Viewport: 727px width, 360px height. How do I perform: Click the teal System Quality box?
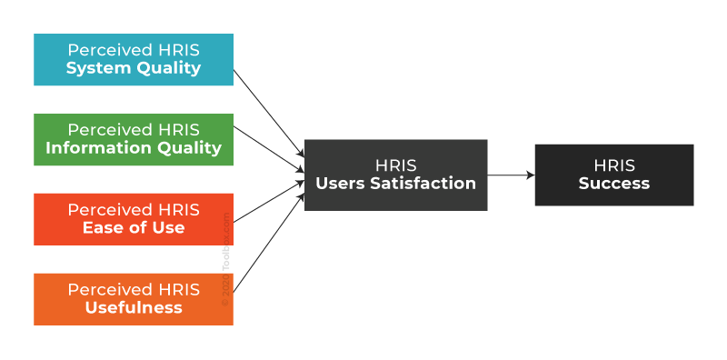(x=133, y=59)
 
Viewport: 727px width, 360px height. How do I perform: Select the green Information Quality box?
(x=133, y=139)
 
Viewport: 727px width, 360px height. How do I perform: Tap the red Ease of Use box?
(x=133, y=219)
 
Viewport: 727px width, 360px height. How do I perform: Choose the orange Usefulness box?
(x=133, y=299)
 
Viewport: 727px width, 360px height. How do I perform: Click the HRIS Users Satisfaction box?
(x=395, y=175)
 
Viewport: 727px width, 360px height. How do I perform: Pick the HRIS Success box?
(x=613, y=175)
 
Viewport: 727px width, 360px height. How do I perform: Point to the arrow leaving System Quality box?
(x=268, y=110)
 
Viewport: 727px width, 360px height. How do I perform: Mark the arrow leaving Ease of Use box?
(x=268, y=202)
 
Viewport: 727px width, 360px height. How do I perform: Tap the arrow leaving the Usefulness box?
(x=268, y=246)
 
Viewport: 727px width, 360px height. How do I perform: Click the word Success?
(x=614, y=184)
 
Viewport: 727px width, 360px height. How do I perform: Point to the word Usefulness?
(x=134, y=308)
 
